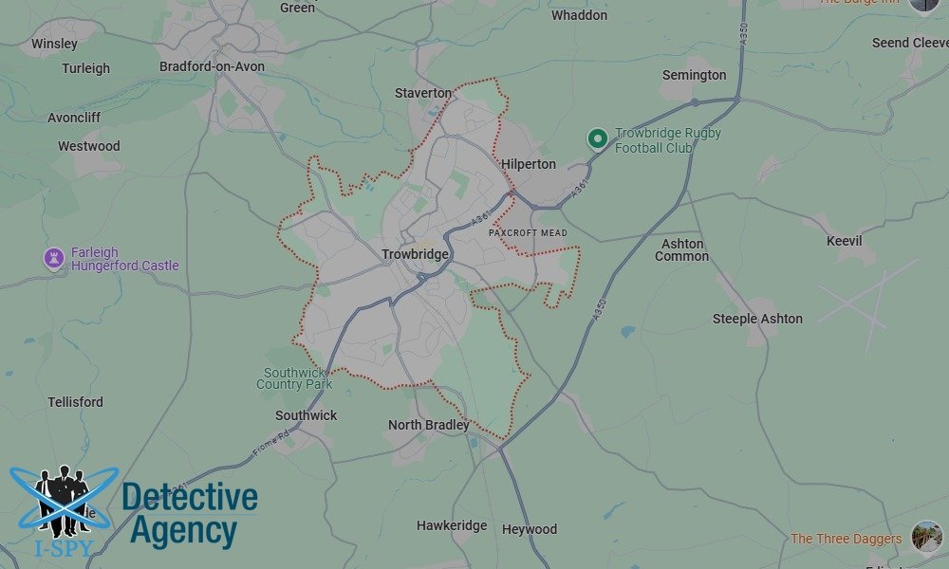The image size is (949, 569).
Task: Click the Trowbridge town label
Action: (x=415, y=254)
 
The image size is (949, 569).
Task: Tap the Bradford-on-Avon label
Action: (x=212, y=66)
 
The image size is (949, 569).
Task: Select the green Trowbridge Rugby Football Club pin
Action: (x=597, y=139)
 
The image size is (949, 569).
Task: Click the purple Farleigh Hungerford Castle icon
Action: (x=54, y=258)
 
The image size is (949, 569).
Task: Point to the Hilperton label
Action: (x=529, y=164)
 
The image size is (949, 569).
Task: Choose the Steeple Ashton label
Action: (x=757, y=319)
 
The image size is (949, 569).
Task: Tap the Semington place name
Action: (x=694, y=75)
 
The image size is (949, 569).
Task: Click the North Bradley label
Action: (x=428, y=425)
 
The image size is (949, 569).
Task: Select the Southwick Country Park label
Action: (x=294, y=378)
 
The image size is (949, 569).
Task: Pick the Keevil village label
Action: (x=844, y=241)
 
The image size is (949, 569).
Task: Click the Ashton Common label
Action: (x=681, y=249)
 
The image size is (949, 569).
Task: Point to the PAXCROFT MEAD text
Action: (x=528, y=232)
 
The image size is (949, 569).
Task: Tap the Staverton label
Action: (x=423, y=93)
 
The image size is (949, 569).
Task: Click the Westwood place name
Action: (x=89, y=146)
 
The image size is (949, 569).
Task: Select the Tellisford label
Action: (x=76, y=402)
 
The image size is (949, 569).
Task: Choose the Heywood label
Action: (x=530, y=529)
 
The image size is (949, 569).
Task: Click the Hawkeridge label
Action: (x=452, y=525)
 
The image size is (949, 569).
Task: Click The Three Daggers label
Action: (x=847, y=539)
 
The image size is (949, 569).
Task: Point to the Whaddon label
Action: (x=579, y=15)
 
